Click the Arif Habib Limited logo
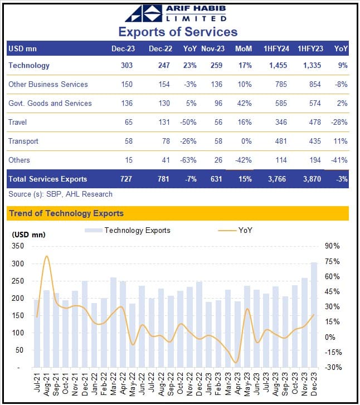(176, 13)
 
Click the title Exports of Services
(178, 32)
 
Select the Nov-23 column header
(213, 49)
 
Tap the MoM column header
(244, 49)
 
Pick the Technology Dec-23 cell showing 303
(127, 65)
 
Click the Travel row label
(17, 122)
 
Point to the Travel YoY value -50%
(188, 122)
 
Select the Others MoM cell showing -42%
(243, 160)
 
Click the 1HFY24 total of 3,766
(277, 179)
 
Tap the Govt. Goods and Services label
(50, 103)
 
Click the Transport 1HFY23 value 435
(315, 141)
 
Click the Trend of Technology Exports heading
(66, 213)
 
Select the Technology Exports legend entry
(128, 231)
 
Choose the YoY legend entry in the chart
(235, 230)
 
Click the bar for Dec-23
(314, 315)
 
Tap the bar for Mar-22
(113, 323)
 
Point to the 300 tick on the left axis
(18, 264)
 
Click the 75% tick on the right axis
(332, 261)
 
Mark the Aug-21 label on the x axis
(46, 384)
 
